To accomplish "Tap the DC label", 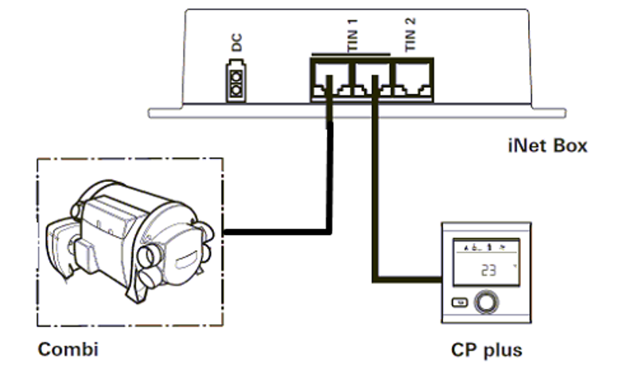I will point(236,44).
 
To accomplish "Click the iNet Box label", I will point(547,146).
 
